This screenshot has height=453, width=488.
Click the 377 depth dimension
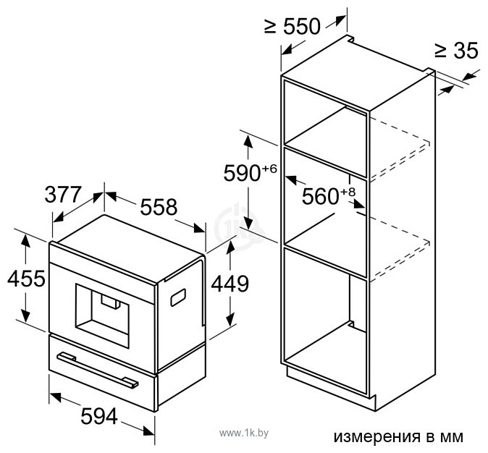click(x=63, y=195)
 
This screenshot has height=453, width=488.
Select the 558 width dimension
click(x=159, y=207)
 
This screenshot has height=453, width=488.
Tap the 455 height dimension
click(x=26, y=279)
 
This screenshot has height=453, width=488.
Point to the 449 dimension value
click(x=230, y=284)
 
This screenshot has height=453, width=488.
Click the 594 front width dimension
click(x=99, y=416)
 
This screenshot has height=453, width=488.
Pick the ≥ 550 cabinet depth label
click(x=293, y=26)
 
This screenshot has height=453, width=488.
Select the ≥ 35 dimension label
click(x=456, y=50)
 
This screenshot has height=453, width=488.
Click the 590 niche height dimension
click(x=242, y=173)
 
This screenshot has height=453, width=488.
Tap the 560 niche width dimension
click(x=321, y=196)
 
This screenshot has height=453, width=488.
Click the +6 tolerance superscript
click(x=269, y=169)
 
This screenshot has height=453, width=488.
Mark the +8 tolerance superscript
click(x=348, y=192)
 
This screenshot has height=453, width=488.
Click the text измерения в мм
click(x=398, y=437)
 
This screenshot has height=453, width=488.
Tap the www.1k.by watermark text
click(x=244, y=433)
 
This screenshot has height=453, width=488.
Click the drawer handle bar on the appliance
click(x=98, y=370)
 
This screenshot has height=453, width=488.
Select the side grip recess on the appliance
click(x=178, y=297)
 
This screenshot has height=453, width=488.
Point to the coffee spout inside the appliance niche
click(x=110, y=302)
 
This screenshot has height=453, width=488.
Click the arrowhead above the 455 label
click(x=25, y=240)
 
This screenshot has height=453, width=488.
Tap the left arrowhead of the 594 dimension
click(x=56, y=397)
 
